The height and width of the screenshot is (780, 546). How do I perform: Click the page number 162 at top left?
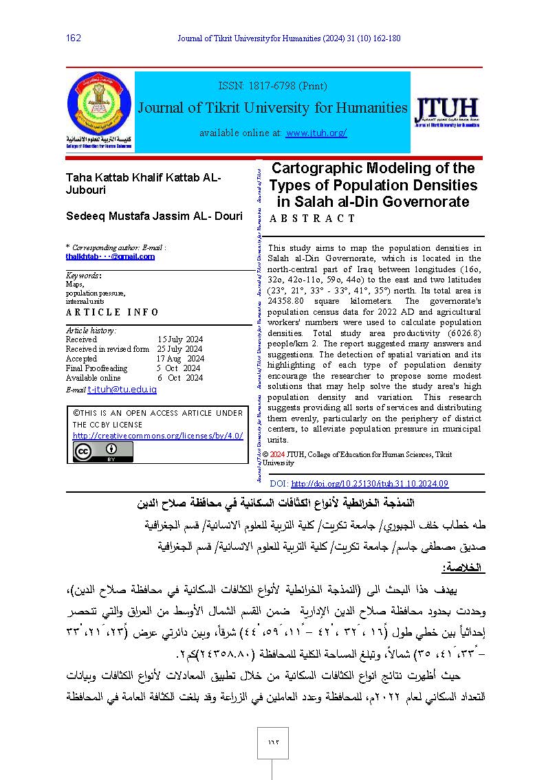[74, 38]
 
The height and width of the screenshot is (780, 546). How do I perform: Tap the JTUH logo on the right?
[446, 111]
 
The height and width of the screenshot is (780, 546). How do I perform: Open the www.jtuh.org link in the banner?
[316, 133]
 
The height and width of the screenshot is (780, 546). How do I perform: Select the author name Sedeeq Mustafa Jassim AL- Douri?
[154, 216]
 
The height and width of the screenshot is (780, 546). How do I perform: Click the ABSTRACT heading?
[312, 219]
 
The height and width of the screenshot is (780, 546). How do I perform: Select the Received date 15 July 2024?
[180, 339]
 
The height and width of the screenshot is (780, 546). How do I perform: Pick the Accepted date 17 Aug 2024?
[180, 359]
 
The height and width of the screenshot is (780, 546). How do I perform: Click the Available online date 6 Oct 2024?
[180, 378]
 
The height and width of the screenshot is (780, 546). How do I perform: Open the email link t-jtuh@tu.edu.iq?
[122, 390]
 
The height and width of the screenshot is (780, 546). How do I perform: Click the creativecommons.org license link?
[157, 436]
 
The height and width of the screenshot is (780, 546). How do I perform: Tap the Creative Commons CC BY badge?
[103, 452]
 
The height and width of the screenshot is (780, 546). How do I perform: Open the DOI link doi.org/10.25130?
[369, 484]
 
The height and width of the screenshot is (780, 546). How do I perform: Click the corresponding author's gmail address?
[110, 256]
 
